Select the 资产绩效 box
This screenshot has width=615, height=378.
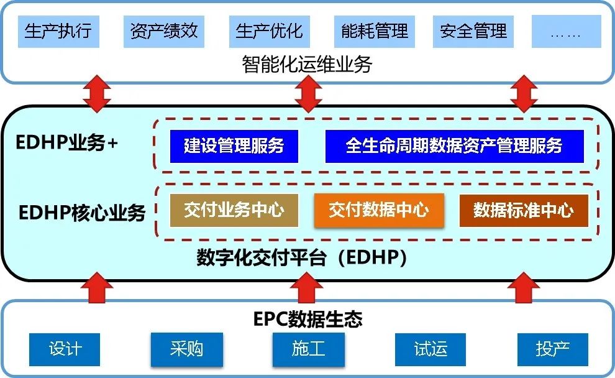pyautogui.click(x=164, y=30)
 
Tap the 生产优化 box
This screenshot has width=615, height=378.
pyautogui.click(x=269, y=30)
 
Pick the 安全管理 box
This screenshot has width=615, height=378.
pyautogui.click(x=473, y=30)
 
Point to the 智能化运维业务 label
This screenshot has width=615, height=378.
pyautogui.click(x=307, y=64)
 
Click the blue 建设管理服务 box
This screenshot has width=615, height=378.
pyautogui.click(x=234, y=146)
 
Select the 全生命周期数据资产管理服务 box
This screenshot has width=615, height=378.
pyautogui.click(x=454, y=146)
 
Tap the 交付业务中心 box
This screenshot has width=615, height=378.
pyautogui.click(x=234, y=210)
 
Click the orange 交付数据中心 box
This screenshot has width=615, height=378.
pyautogui.click(x=379, y=210)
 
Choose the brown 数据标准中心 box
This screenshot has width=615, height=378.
pyautogui.click(x=523, y=210)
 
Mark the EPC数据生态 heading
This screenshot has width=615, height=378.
pyautogui.click(x=308, y=320)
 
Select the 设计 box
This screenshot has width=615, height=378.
pyautogui.click(x=65, y=349)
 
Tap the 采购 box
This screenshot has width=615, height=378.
pyautogui.click(x=186, y=349)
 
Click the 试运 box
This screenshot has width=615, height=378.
pyautogui.click(x=430, y=349)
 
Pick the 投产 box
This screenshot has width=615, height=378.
pyautogui.click(x=552, y=349)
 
